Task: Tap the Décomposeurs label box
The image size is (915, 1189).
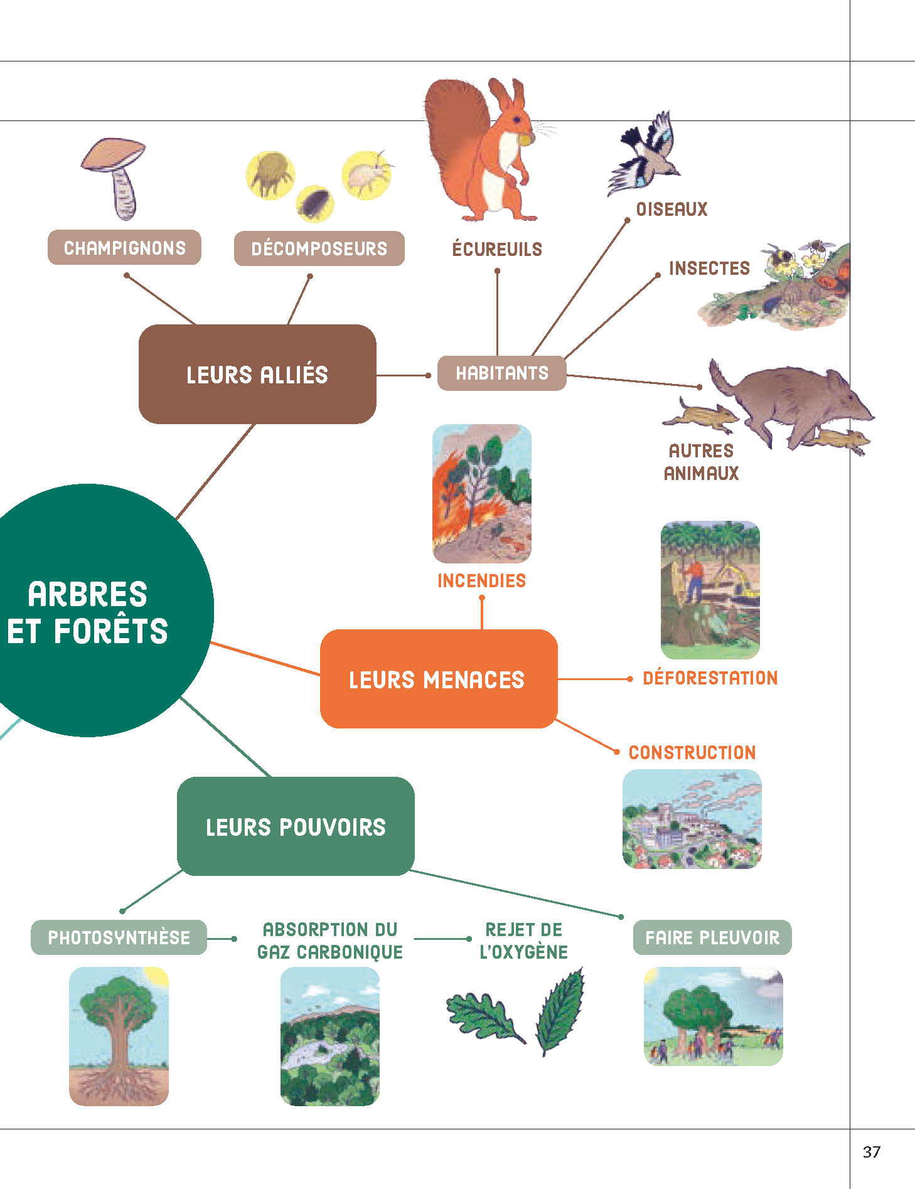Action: point(319,248)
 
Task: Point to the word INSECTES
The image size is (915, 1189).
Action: point(709,269)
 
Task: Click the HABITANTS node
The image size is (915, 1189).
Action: point(501,373)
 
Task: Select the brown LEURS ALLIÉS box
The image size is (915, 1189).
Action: point(257,375)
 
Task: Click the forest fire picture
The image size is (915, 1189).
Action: point(481,494)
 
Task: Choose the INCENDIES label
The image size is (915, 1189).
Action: point(481,581)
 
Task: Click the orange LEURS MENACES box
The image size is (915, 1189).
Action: point(438,680)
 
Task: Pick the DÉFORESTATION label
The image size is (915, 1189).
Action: point(710,678)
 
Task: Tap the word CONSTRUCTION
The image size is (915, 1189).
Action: point(692,753)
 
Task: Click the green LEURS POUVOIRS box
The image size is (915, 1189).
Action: point(296,827)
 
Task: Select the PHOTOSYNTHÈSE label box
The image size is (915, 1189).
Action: point(119,937)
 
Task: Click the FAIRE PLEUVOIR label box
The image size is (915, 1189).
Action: point(712,937)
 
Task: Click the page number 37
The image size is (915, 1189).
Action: point(871,1152)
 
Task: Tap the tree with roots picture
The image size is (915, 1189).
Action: point(119,1035)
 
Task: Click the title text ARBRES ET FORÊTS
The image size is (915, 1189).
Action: point(88,612)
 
